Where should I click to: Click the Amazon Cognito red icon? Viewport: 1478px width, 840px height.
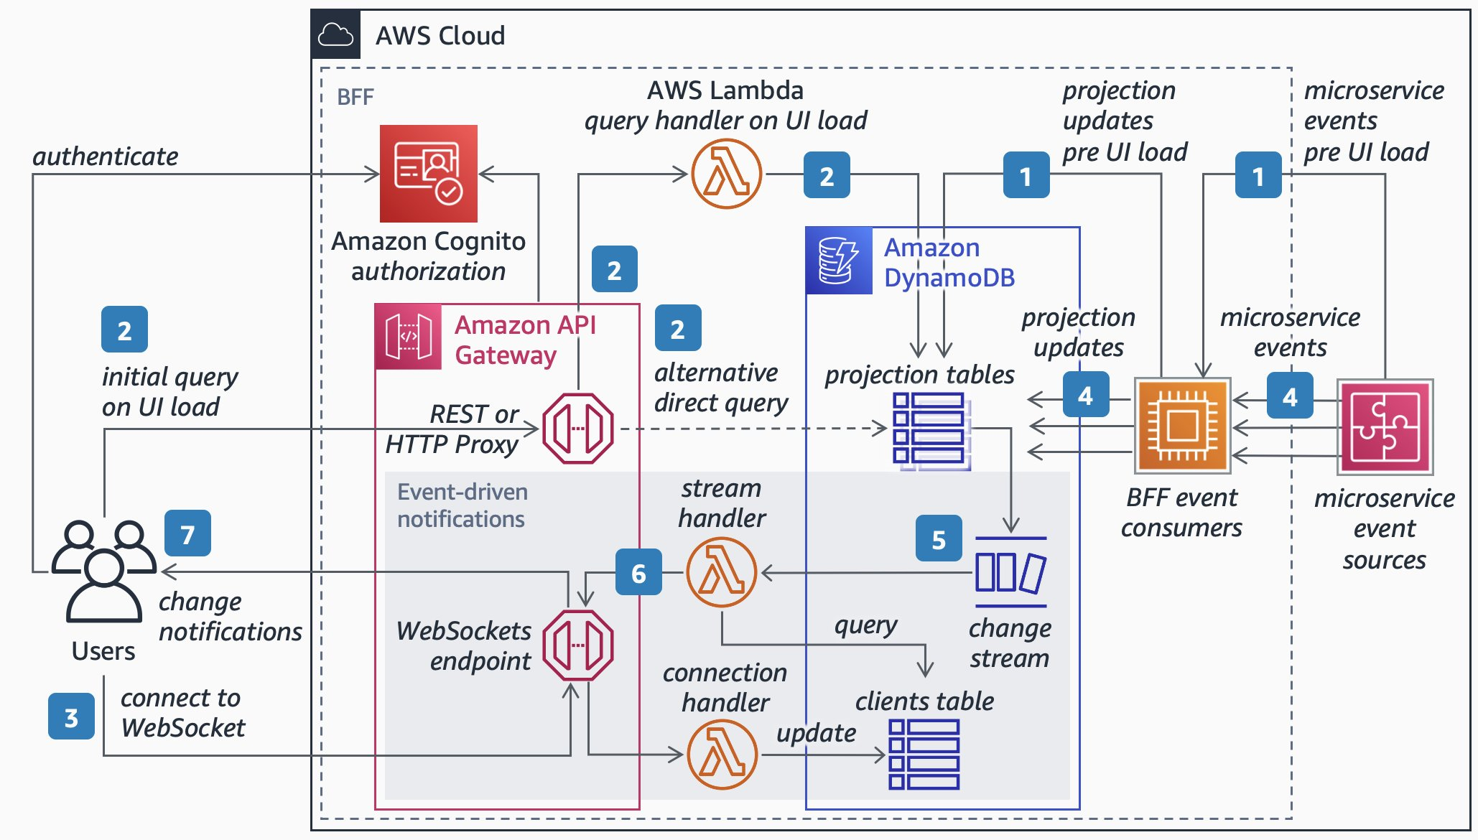pyautogui.click(x=428, y=173)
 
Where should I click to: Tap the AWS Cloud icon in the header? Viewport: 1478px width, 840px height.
pyautogui.click(x=335, y=34)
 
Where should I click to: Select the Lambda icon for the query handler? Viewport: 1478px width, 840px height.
pyautogui.click(x=726, y=174)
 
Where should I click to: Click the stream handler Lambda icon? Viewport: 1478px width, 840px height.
pyautogui.click(x=721, y=572)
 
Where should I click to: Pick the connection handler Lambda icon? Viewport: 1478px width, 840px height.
pyautogui.click(x=722, y=754)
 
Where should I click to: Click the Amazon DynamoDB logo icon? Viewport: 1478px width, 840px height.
pyautogui.click(x=838, y=261)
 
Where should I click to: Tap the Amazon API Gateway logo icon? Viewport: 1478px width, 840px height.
pyautogui.click(x=408, y=336)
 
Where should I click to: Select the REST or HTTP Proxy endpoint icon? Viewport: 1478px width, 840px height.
pyautogui.click(x=577, y=428)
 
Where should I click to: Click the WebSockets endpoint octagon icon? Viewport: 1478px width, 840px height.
pyautogui.click(x=577, y=645)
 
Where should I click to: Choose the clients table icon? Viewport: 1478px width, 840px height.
pyautogui.click(x=924, y=754)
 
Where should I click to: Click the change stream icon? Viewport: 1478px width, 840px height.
pyautogui.click(x=1010, y=572)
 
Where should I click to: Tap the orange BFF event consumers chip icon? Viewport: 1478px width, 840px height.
pyautogui.click(x=1182, y=426)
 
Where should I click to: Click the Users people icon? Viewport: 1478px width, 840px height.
pyautogui.click(x=104, y=571)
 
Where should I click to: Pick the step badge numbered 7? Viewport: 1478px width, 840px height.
pyautogui.click(x=187, y=533)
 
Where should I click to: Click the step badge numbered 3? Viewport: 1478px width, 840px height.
pyautogui.click(x=71, y=717)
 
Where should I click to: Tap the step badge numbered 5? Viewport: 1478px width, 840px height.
pyautogui.click(x=938, y=538)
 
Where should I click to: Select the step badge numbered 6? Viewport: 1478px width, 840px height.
pyautogui.click(x=638, y=572)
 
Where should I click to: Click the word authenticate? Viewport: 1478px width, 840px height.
pyautogui.click(x=106, y=157)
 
